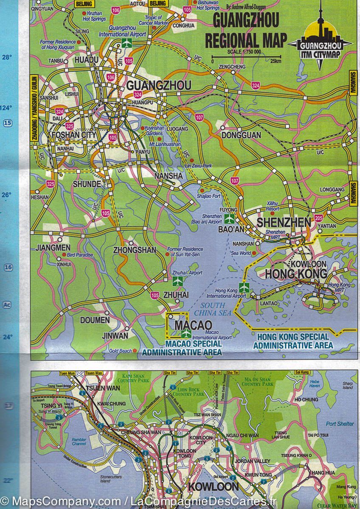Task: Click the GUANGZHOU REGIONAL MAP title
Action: [x=245, y=31]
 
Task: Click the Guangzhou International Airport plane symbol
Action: [x=126, y=42]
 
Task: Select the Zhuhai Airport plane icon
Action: [x=178, y=281]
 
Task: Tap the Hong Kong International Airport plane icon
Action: [x=243, y=287]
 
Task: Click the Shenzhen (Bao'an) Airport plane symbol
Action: [x=229, y=219]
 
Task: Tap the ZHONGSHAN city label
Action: [x=135, y=250]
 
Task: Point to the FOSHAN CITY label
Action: [x=74, y=135]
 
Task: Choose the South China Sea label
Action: [x=215, y=309]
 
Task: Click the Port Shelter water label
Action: [x=340, y=424]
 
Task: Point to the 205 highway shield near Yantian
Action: [x=319, y=218]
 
